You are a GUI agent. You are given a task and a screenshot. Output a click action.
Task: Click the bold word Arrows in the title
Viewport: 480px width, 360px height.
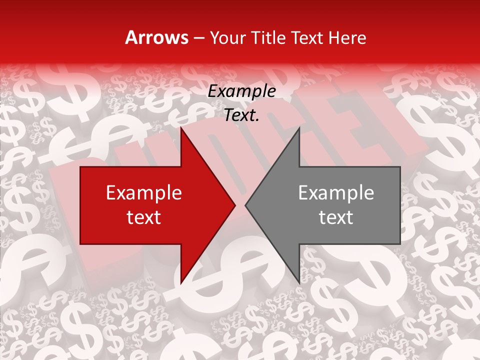pyautogui.click(x=156, y=37)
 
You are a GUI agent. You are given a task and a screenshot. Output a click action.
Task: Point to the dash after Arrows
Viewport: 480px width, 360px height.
pyautogui.click(x=197, y=38)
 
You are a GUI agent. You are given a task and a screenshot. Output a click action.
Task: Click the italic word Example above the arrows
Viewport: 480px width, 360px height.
pyautogui.click(x=241, y=91)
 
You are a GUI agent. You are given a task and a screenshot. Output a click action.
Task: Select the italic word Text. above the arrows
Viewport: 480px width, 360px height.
pyautogui.click(x=241, y=115)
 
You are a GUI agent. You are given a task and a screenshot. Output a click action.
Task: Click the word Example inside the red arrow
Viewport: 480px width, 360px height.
pyautogui.click(x=143, y=192)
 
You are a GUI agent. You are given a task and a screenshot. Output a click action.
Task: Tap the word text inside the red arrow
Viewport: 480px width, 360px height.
pyautogui.click(x=143, y=217)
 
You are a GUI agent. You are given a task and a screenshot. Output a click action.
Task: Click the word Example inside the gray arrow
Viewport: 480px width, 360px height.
pyautogui.click(x=336, y=192)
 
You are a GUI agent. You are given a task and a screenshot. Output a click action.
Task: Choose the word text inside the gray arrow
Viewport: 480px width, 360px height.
pyautogui.click(x=336, y=217)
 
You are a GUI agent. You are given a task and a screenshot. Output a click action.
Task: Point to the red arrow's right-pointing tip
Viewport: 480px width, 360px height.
pyautogui.click(x=235, y=205)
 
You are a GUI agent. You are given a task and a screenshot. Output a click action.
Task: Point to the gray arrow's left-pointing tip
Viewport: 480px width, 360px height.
pyautogui.click(x=245, y=205)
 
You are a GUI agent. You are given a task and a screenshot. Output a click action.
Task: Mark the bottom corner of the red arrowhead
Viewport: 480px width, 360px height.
pyautogui.click(x=181, y=283)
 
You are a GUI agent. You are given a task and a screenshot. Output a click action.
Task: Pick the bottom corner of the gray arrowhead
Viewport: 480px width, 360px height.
pyautogui.click(x=299, y=283)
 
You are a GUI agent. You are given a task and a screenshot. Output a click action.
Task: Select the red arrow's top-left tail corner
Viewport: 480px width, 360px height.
pyautogui.click(x=80, y=167)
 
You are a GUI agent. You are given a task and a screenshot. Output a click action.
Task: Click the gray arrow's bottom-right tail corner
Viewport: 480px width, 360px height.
pyautogui.click(x=400, y=244)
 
